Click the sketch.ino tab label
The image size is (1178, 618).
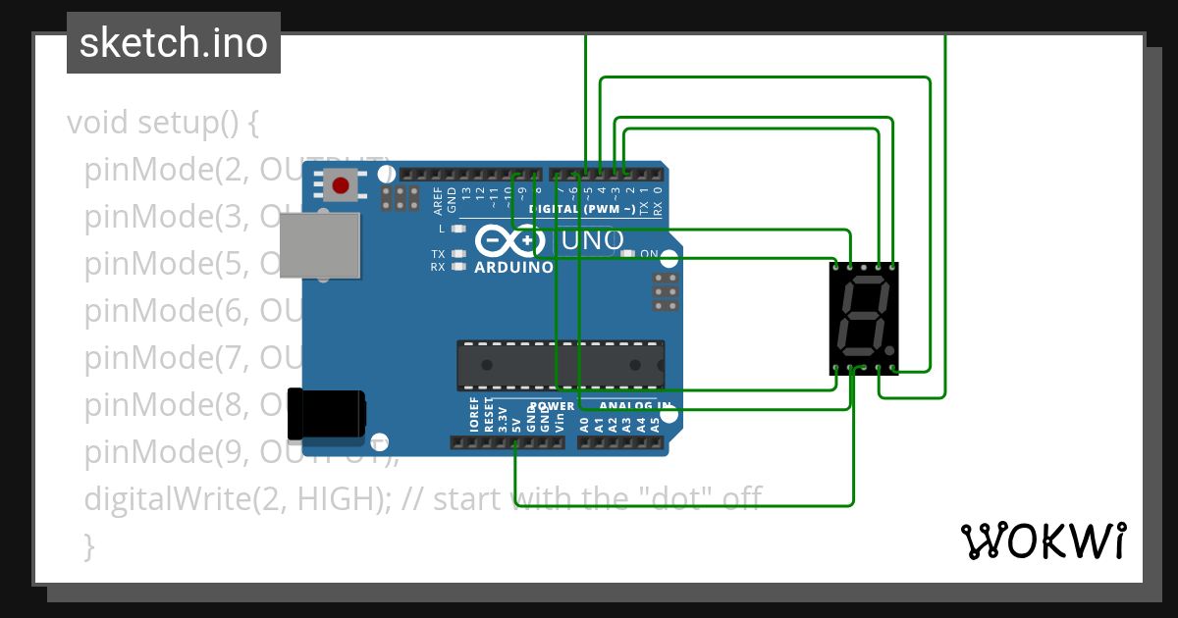(174, 43)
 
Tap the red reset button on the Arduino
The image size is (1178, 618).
(341, 184)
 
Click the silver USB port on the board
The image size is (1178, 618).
(320, 247)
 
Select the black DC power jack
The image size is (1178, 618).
(326, 414)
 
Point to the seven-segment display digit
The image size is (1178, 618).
(861, 318)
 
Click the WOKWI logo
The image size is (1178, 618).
(1043, 541)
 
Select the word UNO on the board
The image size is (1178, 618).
(591, 240)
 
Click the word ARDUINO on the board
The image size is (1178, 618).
(513, 267)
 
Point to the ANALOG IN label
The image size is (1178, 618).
(635, 405)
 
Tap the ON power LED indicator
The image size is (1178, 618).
(629, 253)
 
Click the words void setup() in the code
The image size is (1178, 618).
(162, 124)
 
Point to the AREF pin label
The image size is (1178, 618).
(438, 200)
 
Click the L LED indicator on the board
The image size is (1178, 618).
(456, 228)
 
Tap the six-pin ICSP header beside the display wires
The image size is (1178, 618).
(666, 291)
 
